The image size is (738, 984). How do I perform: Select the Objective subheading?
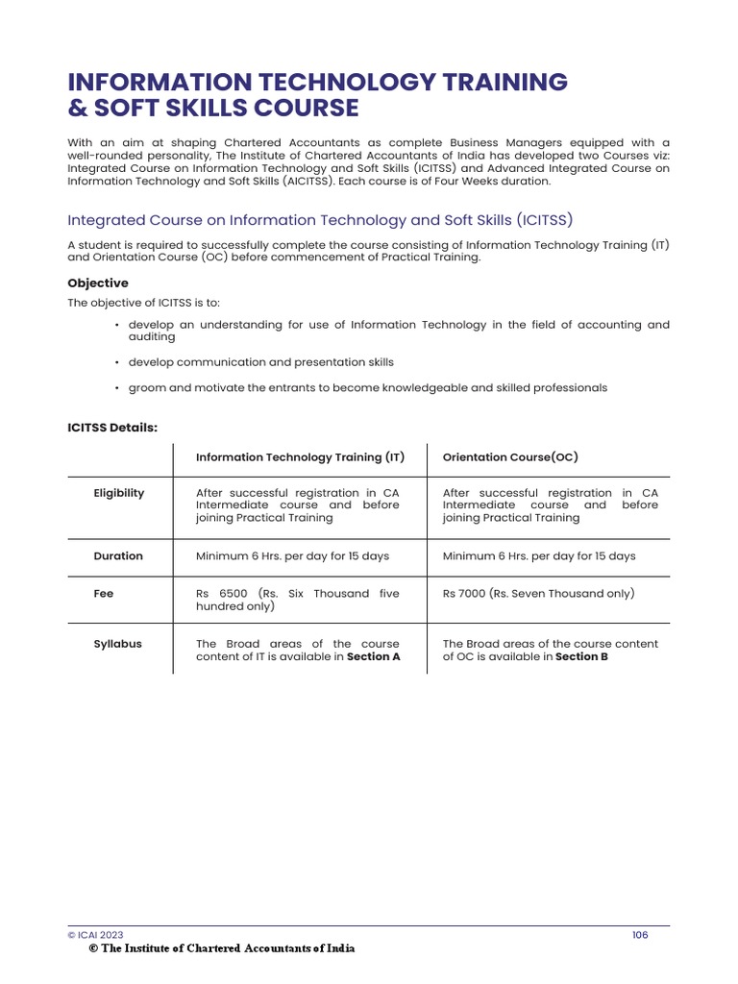[x=97, y=283]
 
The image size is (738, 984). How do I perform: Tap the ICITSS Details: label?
[x=112, y=427]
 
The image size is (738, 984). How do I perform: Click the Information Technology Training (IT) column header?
[x=300, y=457]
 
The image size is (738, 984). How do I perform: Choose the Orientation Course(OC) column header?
[x=510, y=457]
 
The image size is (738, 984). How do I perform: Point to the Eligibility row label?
[x=119, y=493]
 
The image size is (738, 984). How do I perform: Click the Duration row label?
[x=118, y=556]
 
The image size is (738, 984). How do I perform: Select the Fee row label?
[x=104, y=594]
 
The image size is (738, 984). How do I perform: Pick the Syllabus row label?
[x=117, y=644]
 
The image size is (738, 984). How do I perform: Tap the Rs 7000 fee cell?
[x=538, y=594]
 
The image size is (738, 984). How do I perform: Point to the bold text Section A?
[x=373, y=657]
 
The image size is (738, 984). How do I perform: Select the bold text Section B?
[x=581, y=657]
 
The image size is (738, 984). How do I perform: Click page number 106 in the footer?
[x=640, y=934]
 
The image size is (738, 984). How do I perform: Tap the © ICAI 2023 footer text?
[x=95, y=934]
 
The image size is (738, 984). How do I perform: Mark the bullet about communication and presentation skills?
[x=260, y=362]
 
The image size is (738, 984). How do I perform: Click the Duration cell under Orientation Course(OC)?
[x=539, y=556]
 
